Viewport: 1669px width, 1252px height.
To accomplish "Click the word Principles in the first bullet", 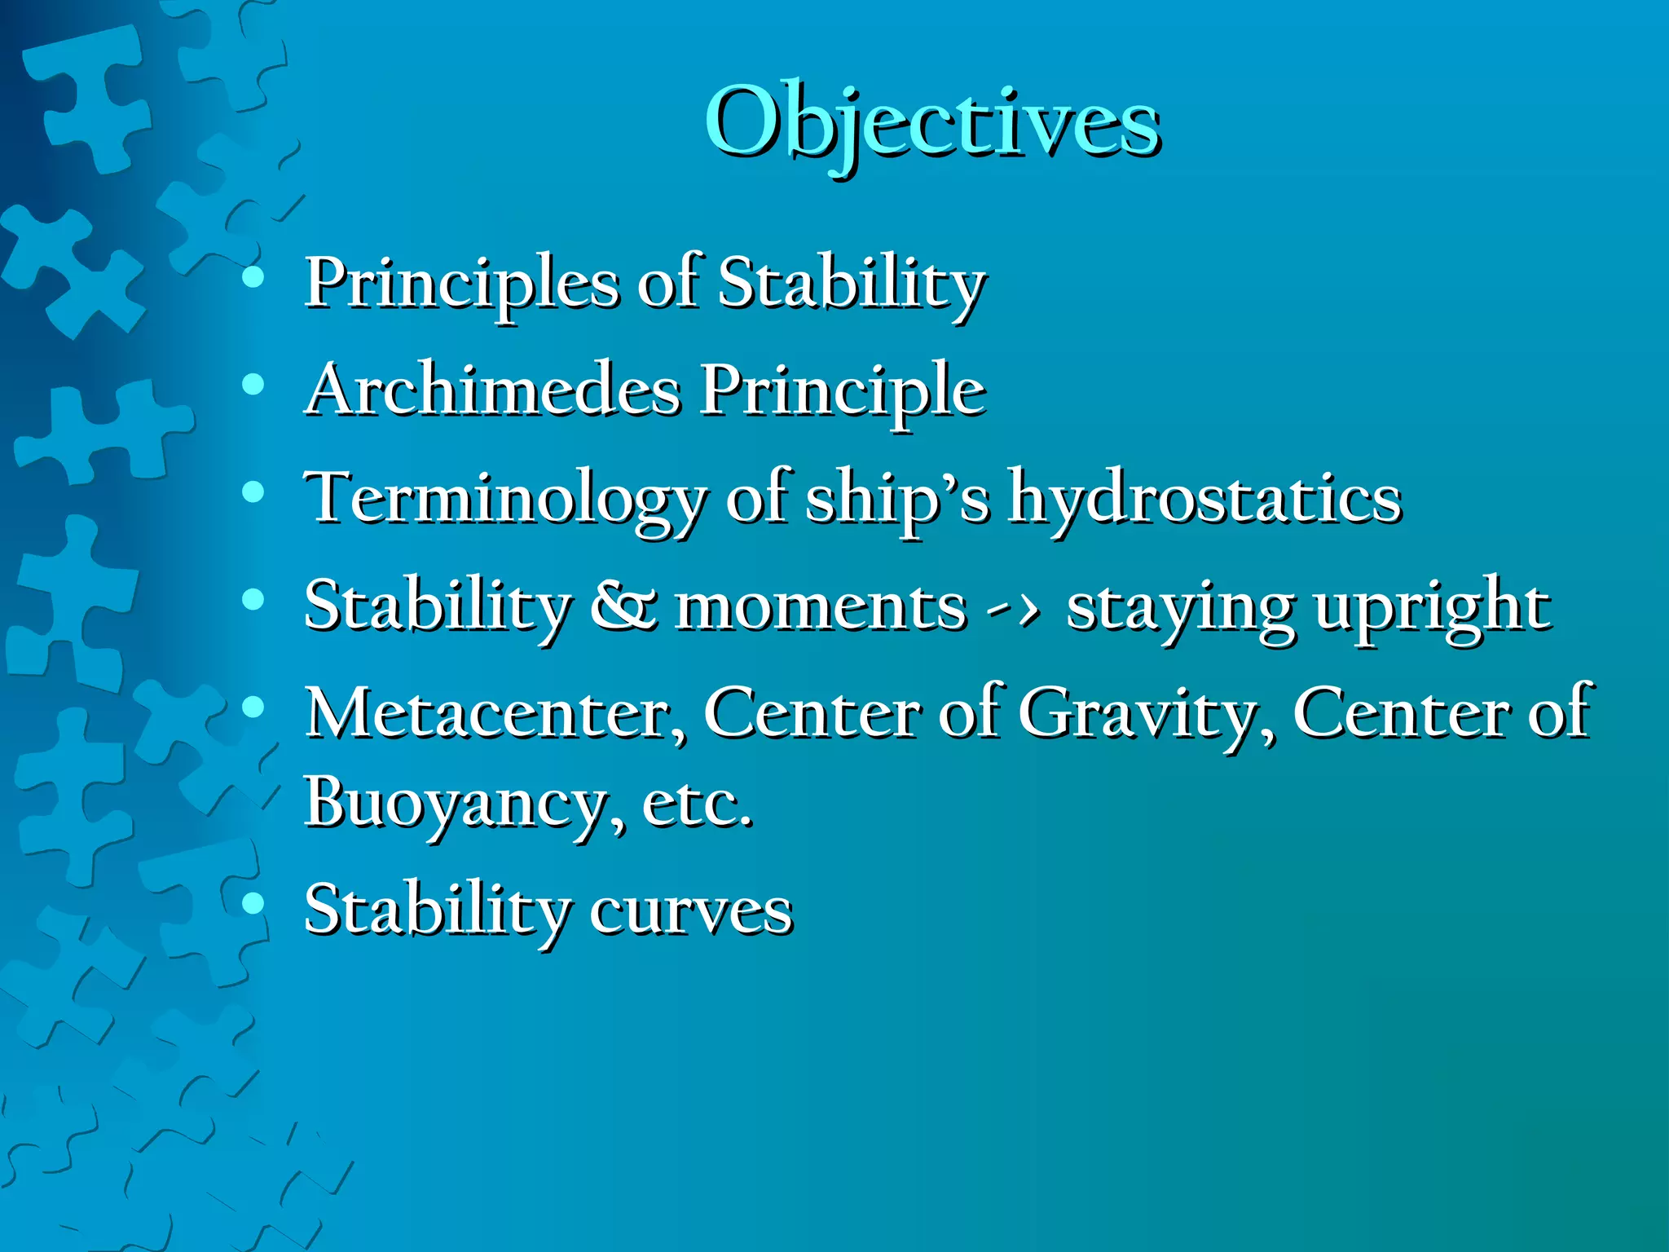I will pyautogui.click(x=461, y=283).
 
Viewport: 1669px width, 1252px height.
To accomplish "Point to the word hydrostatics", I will pyautogui.click(x=1204, y=499).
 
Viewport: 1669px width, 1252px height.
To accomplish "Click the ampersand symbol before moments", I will pyautogui.click(x=622, y=607).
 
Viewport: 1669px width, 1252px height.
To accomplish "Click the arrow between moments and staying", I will pyautogui.click(x=1012, y=608).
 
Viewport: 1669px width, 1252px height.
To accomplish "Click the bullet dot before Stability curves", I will pyautogui.click(x=253, y=902).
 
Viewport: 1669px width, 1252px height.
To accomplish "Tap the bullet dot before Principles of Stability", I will pyautogui.click(x=253, y=277).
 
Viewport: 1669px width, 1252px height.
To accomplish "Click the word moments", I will pyautogui.click(x=820, y=608).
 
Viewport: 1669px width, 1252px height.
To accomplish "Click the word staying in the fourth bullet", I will pyautogui.click(x=1178, y=608).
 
